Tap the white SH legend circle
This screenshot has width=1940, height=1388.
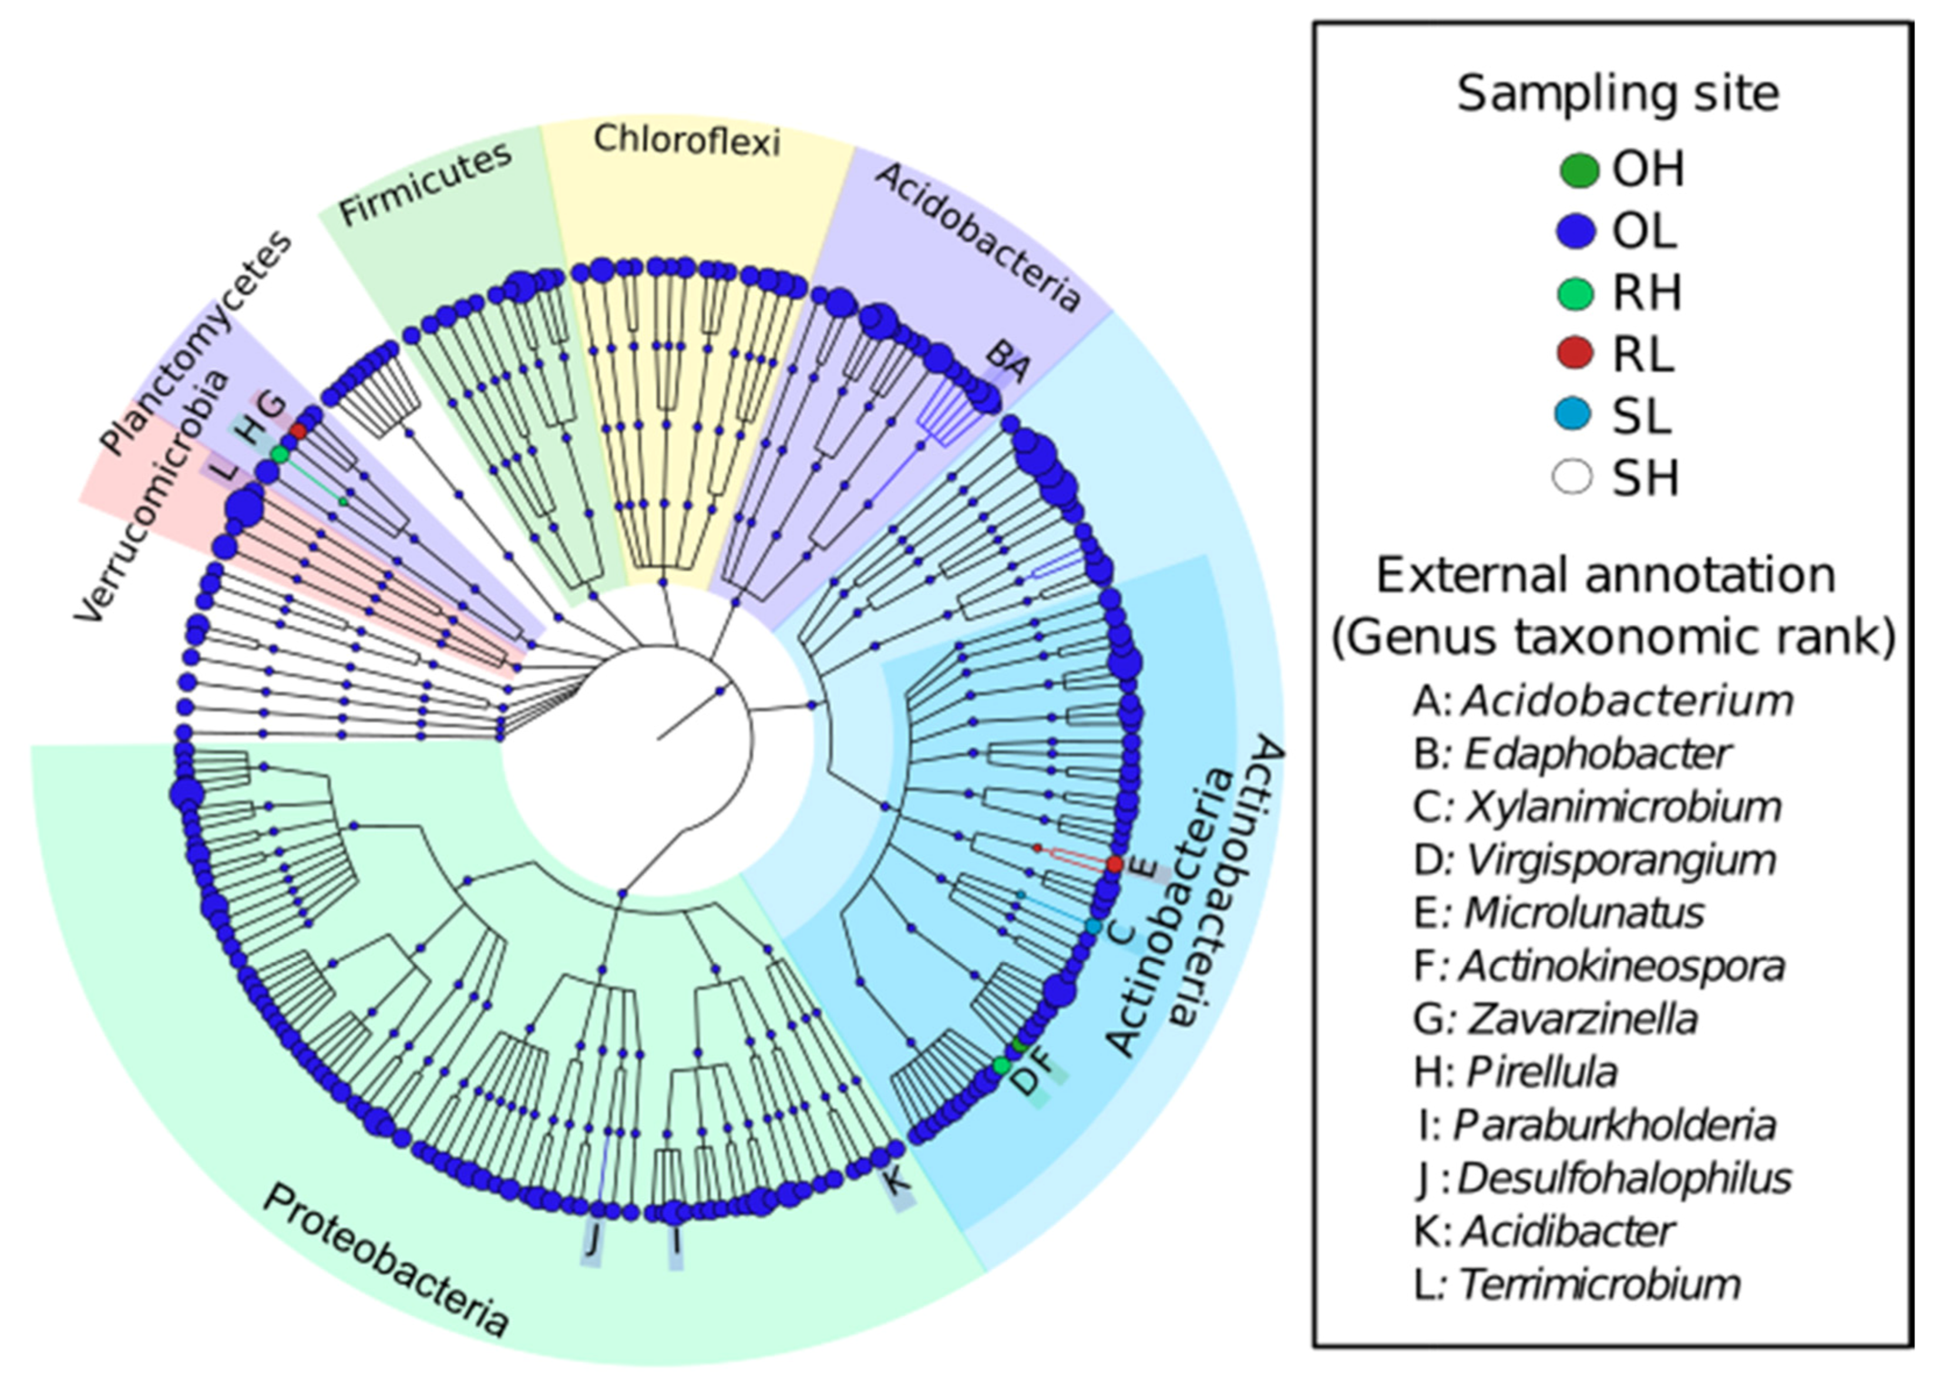(1573, 477)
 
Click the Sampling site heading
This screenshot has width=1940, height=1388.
(1618, 94)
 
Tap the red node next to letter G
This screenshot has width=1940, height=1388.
(298, 432)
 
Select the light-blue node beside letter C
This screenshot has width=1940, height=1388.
(1092, 925)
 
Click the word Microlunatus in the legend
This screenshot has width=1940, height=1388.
(1584, 913)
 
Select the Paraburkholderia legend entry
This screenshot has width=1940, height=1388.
(1614, 1125)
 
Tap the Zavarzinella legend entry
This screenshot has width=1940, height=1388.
(1583, 1019)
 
